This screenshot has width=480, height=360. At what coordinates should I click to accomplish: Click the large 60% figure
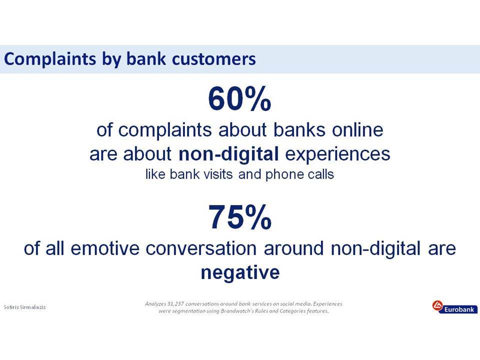(239, 99)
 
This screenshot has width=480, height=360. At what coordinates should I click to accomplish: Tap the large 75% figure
(240, 217)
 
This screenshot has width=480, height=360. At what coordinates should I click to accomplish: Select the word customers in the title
(213, 59)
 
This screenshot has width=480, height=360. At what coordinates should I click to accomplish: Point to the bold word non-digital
(228, 153)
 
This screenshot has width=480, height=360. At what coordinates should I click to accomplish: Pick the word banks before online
(299, 130)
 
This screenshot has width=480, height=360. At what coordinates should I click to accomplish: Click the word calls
(321, 174)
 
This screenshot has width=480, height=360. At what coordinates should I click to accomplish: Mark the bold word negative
(240, 272)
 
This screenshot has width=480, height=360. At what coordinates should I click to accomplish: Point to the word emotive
(105, 248)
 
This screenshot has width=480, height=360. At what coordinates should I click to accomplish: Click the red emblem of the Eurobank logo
(437, 305)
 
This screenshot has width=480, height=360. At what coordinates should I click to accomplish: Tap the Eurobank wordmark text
(459, 309)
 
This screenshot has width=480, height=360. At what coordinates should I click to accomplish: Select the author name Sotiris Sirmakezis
(24, 307)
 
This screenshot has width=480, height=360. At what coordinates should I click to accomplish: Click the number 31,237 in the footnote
(175, 304)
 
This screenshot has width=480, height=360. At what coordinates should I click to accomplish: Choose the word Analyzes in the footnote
(155, 304)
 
